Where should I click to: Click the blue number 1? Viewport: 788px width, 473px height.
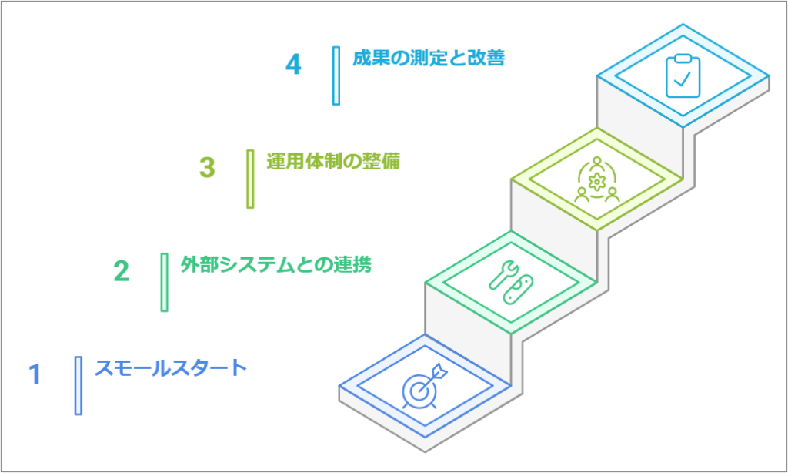34,374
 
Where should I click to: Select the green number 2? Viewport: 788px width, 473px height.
121,271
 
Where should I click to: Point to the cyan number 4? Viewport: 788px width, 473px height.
293,65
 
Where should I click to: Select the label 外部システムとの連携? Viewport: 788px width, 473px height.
275,265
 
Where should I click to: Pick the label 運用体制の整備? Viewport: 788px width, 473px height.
333,162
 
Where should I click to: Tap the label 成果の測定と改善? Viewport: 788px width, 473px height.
429,59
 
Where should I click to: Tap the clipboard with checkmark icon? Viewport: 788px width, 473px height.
683,75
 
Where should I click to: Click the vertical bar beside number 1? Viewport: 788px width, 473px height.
78,385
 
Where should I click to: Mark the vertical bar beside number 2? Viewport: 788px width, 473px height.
164,282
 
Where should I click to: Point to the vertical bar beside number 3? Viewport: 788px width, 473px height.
250,179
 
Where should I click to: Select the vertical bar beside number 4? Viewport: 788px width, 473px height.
336,75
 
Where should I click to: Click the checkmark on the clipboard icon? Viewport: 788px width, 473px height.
683,79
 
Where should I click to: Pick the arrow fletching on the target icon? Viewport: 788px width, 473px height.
441,371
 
